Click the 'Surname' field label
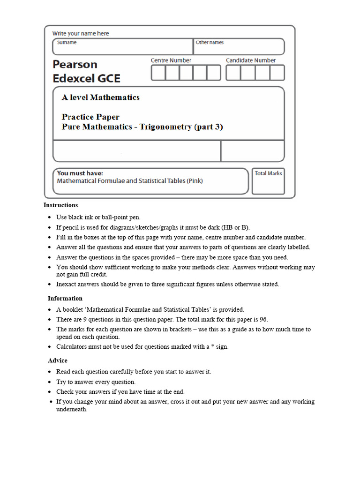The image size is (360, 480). tap(67, 43)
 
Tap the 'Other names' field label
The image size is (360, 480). tap(210, 43)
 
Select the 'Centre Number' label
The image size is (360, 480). tap(171, 60)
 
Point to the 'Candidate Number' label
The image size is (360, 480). tap(251, 60)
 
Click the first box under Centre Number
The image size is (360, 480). tap(158, 73)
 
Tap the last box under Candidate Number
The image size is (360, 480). tap(277, 73)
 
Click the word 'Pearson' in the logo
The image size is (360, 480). tap(75, 64)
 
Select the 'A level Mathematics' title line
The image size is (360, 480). tap(101, 97)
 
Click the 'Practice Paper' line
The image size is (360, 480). tap(90, 117)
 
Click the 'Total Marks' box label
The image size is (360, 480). tap(268, 173)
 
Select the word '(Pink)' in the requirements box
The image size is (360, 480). tap(194, 181)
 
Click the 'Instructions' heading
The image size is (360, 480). tap(61, 205)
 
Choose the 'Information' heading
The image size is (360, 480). tap(65, 299)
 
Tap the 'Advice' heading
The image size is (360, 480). tap(58, 360)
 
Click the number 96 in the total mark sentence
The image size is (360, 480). tap(263, 319)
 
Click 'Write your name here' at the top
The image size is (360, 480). tap(81, 33)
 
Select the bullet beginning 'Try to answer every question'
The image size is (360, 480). tap(96, 382)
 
